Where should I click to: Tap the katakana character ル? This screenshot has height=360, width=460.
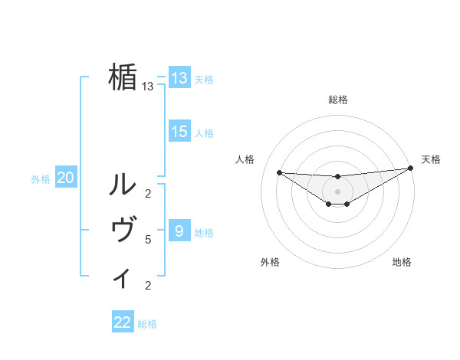(x=123, y=184)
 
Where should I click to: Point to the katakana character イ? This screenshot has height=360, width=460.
(x=123, y=277)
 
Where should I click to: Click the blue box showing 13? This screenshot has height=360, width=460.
(x=179, y=78)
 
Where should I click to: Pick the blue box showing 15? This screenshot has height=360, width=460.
(x=179, y=132)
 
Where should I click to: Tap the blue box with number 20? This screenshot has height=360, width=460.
(x=65, y=178)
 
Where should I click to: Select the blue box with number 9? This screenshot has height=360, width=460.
(x=179, y=231)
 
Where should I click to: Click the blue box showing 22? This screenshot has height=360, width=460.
(x=123, y=322)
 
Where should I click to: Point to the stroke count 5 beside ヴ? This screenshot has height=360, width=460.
(x=148, y=240)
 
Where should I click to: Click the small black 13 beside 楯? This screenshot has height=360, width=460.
(x=148, y=87)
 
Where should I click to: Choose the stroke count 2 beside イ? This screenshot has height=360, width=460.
(x=148, y=286)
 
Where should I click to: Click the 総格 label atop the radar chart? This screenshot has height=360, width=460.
(x=337, y=100)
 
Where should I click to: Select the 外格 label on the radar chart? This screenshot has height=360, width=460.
(x=270, y=263)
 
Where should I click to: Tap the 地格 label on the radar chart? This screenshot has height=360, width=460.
(x=402, y=263)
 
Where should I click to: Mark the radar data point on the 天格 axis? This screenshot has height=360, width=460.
(x=410, y=168)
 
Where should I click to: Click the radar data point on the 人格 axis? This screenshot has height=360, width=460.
(x=279, y=172)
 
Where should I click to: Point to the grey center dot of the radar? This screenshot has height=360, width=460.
(x=337, y=191)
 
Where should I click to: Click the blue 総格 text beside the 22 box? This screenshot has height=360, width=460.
(x=147, y=324)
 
